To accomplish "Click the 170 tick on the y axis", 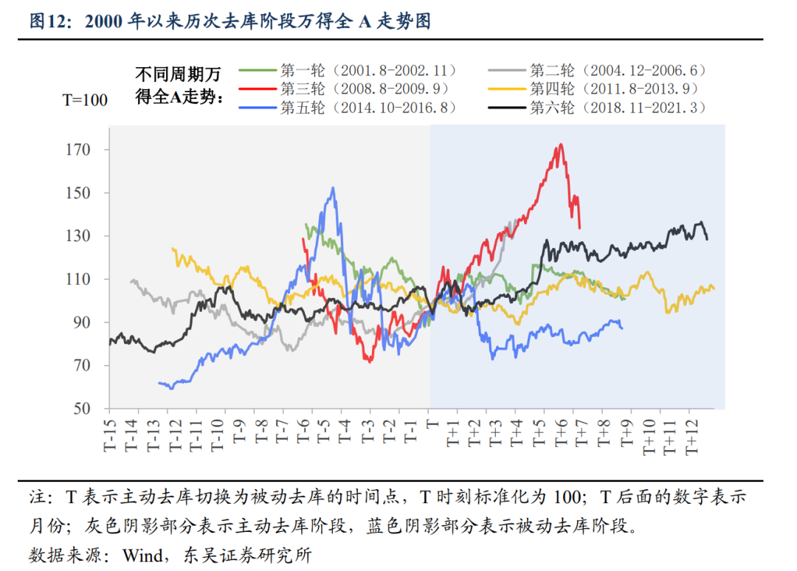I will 77,150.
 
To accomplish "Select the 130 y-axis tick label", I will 77,236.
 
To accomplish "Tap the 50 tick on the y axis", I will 81,409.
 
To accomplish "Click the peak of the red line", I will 561,144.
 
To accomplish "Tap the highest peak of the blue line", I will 334,187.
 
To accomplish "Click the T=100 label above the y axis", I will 84,100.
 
